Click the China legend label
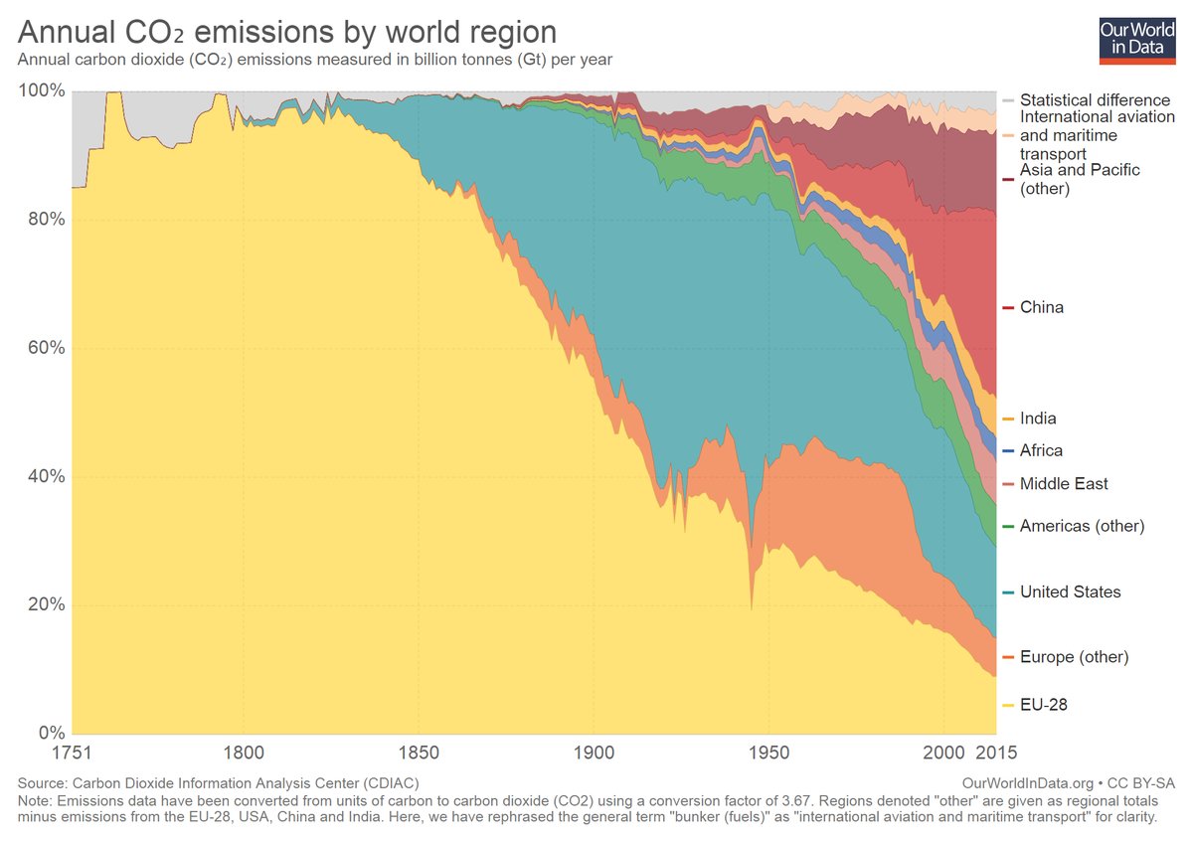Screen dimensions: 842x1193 1041,307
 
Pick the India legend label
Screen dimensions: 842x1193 1038,419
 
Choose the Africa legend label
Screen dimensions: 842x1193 1041,450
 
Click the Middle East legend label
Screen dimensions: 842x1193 1064,483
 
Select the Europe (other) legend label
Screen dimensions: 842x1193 1074,657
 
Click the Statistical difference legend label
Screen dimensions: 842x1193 1095,99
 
